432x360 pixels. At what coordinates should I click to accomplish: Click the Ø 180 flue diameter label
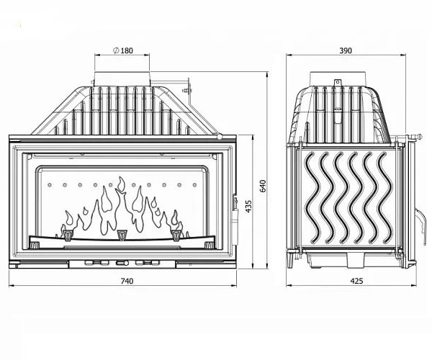click(x=123, y=50)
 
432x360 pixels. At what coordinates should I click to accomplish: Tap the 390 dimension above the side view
click(x=346, y=50)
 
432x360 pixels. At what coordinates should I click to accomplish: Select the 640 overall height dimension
click(x=263, y=186)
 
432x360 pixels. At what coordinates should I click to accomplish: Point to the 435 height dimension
click(x=248, y=207)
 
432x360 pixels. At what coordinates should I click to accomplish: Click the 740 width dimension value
click(x=127, y=281)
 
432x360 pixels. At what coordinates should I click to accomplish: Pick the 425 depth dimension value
click(x=357, y=281)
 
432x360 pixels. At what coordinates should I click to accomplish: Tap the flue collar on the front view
click(x=122, y=78)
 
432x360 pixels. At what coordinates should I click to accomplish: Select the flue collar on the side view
click(x=338, y=78)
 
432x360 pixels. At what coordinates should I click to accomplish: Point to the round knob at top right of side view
click(x=419, y=136)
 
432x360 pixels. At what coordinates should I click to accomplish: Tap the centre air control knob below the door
click(x=122, y=263)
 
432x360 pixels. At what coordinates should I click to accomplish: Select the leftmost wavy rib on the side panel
click(x=311, y=197)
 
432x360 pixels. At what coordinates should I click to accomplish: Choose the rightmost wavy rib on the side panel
click(x=385, y=197)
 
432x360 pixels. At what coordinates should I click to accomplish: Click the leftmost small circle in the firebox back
click(x=50, y=185)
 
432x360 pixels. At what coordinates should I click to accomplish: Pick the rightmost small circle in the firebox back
click(x=195, y=185)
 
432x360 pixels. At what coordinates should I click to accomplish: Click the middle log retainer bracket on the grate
click(x=121, y=235)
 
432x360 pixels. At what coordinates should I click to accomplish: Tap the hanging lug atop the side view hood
click(x=337, y=82)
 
